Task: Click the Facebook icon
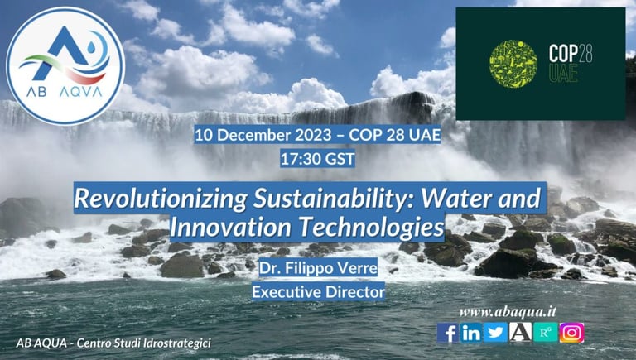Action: tap(447, 333)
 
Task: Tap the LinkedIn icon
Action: tap(471, 333)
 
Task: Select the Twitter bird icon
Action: tap(496, 333)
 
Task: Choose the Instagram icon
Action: tap(572, 333)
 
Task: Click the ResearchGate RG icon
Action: tap(546, 333)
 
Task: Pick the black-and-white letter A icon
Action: tap(520, 333)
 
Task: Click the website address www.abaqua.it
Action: tap(508, 312)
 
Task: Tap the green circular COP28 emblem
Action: tap(513, 64)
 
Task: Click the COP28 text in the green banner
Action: tap(571, 53)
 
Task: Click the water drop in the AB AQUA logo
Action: tap(90, 48)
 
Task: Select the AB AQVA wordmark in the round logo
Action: tap(65, 92)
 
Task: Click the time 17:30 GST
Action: tap(318, 159)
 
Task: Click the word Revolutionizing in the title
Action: tap(161, 199)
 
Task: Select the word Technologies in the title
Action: tap(371, 228)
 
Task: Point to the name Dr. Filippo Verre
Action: tap(318, 268)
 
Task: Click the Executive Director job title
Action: tap(318, 292)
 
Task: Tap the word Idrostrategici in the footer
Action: tap(177, 343)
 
